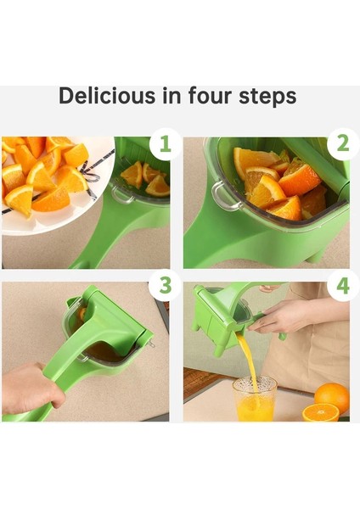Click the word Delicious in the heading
107,95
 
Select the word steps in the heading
267,97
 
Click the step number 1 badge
165,144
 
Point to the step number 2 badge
343,144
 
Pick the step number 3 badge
165,285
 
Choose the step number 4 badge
343,286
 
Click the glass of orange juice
255,399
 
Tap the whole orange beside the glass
332,397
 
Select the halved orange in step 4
320,412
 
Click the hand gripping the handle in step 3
32,388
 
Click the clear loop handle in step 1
122,194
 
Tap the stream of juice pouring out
250,364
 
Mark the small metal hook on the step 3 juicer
150,344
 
